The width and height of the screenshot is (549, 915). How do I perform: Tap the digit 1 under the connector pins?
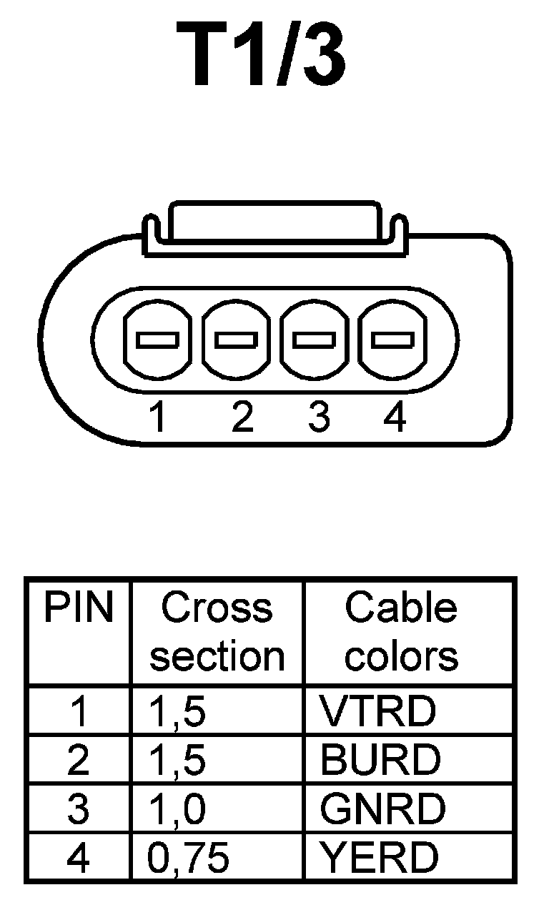pos(158,417)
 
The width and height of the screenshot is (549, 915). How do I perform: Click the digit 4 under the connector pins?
pos(394,417)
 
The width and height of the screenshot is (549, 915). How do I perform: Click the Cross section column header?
pos(217,632)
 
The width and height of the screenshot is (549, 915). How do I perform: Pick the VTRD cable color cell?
pos(377,711)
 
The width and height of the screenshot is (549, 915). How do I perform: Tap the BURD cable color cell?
pos(380,760)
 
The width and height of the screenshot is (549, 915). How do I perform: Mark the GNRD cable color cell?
pos(382,808)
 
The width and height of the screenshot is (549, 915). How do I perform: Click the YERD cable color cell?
pos(379,857)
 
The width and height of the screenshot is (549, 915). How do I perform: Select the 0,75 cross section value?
pos(189,858)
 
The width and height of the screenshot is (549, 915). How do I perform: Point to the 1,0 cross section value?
pos(177,809)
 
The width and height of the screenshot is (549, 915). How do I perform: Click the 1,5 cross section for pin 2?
pos(177,761)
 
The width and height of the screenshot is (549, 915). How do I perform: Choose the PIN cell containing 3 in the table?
pos(78,809)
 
